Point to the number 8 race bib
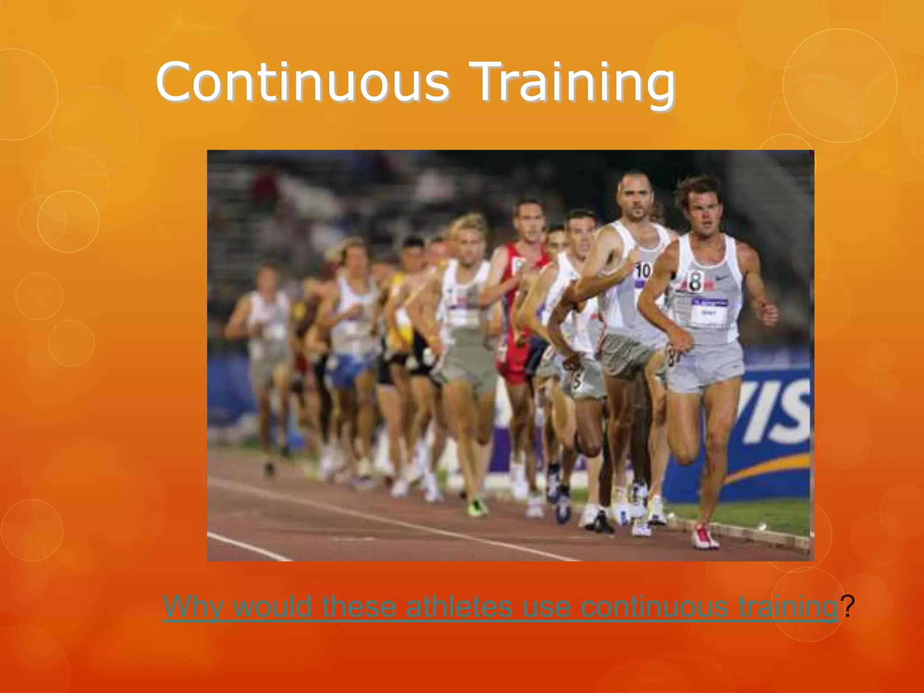[695, 281]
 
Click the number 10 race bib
[642, 271]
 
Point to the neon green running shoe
[476, 507]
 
